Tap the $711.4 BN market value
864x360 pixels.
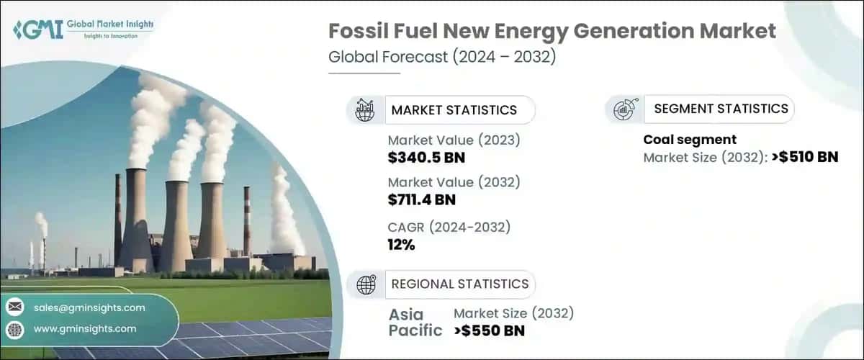(x=421, y=199)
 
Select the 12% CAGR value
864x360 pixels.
(x=401, y=245)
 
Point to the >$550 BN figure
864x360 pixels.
(x=490, y=331)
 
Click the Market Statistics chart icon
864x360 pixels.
(x=365, y=110)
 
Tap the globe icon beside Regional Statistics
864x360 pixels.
(x=365, y=284)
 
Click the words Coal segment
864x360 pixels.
(x=690, y=140)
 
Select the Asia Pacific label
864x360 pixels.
(x=416, y=323)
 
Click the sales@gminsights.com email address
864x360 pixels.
(x=89, y=307)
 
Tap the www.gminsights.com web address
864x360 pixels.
(x=85, y=329)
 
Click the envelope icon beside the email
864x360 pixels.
(x=15, y=307)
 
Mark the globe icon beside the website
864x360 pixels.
(x=15, y=329)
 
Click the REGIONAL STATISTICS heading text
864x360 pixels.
(x=459, y=284)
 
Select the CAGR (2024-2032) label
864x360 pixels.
(x=449, y=228)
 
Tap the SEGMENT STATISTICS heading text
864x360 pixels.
(x=721, y=109)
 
